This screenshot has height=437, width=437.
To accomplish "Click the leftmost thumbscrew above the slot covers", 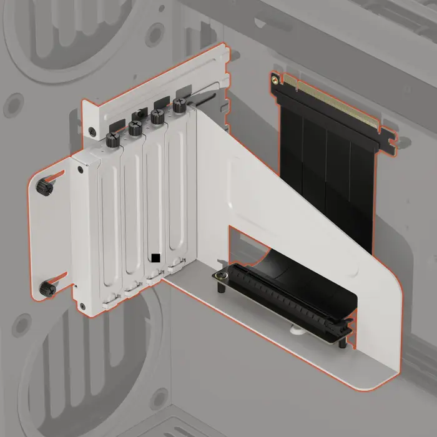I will pos(113,139).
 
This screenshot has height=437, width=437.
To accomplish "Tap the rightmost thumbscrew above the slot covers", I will pos(180,107).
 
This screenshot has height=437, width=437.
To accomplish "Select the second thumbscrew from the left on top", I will pos(135,128).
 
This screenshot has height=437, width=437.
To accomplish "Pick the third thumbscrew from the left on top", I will pos(156,117).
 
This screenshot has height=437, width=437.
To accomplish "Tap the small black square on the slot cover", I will pos(155,257).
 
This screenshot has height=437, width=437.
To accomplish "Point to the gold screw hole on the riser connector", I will pos(275,79).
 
